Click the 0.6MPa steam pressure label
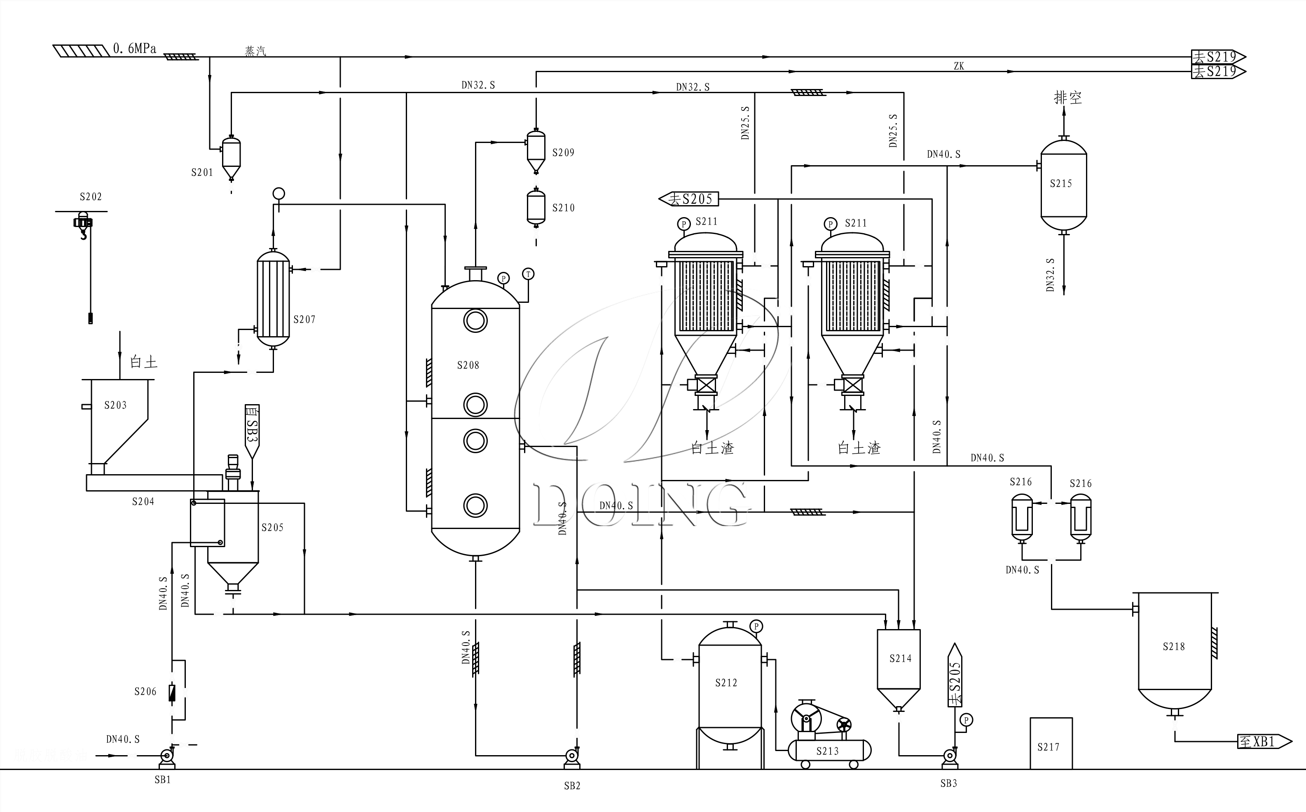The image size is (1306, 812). (134, 49)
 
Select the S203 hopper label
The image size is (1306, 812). (115, 405)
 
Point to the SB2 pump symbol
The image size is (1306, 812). (572, 757)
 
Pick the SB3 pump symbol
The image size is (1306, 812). (950, 756)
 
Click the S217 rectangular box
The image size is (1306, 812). (1051, 743)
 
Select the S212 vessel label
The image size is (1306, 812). (726, 683)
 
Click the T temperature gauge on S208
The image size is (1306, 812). (529, 274)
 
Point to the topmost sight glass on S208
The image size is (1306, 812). (475, 321)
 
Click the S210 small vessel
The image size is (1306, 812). (536, 207)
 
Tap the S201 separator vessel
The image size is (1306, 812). (232, 157)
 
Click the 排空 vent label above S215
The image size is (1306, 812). (1067, 98)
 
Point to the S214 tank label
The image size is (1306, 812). (901, 659)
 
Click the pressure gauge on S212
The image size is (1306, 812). (756, 626)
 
